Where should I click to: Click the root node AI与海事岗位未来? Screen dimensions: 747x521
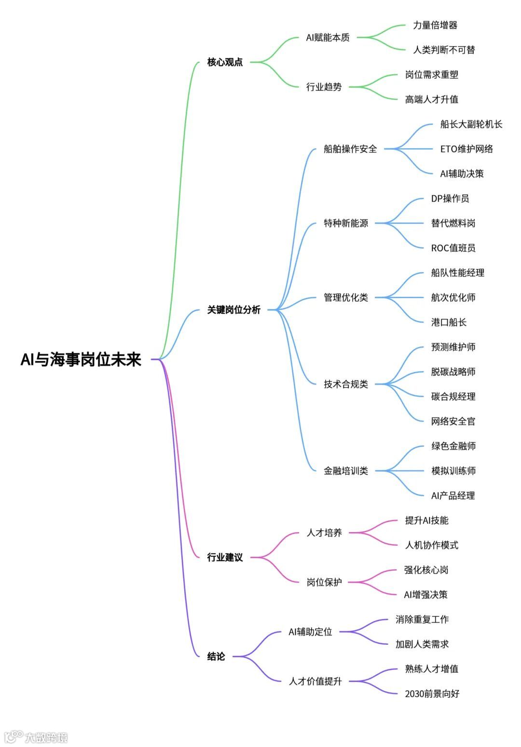[81, 360]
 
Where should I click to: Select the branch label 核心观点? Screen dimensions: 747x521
[225, 62]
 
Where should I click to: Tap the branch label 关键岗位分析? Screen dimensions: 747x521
[233, 310]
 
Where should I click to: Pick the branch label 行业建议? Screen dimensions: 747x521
[225, 558]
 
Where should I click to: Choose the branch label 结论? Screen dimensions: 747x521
[216, 656]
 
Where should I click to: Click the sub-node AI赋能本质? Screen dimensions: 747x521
[328, 38]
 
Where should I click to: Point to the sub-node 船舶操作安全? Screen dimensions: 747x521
[350, 149]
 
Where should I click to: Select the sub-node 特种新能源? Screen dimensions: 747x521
[346, 223]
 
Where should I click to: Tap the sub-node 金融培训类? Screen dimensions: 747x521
[346, 471]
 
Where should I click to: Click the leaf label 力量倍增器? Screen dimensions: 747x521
[435, 25]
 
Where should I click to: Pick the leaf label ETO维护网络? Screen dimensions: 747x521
[466, 149]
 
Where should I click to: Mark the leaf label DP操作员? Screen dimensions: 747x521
[450, 199]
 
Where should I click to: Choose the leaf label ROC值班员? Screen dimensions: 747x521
[453, 248]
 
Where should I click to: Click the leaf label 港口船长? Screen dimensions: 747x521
[449, 322]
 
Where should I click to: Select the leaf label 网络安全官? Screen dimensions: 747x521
[453, 421]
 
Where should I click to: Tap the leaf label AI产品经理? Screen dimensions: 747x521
[453, 495]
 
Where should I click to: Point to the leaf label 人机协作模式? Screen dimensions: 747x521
[431, 545]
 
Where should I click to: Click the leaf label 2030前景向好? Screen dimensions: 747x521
[432, 694]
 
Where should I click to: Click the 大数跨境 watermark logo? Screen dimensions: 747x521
[36, 737]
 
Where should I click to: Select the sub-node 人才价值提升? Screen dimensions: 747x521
[315, 681]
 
